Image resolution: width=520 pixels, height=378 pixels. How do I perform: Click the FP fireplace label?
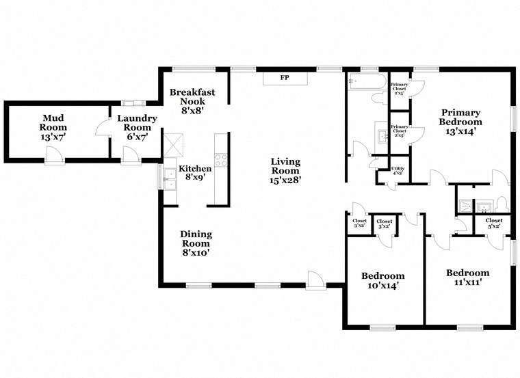[284, 78]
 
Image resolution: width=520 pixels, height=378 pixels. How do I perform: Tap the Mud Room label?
[52, 126]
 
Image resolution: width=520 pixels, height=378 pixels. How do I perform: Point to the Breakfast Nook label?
[188, 101]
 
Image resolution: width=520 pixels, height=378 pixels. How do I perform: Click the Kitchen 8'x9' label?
[195, 174]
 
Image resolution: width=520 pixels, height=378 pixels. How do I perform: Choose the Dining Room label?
[195, 243]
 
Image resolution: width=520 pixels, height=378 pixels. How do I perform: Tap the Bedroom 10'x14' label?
[382, 280]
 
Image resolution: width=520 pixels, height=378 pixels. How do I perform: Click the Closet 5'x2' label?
[494, 224]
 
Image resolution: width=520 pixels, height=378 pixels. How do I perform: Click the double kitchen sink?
[168, 177]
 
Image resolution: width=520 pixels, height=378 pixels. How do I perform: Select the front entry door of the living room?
[315, 279]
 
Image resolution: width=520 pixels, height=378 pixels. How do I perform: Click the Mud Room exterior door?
[55, 159]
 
